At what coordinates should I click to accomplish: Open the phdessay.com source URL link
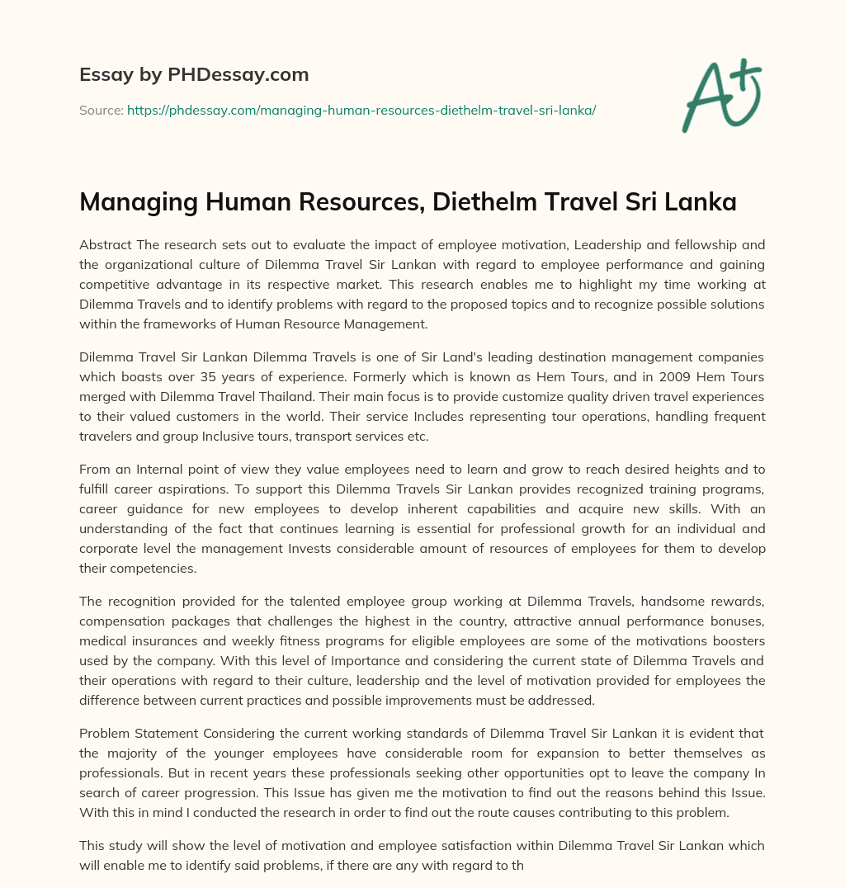pos(361,110)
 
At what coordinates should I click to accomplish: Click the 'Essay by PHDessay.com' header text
pos(194,75)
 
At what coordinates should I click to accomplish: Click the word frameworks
pos(163,324)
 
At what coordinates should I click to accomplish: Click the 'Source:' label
pos(101,110)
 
